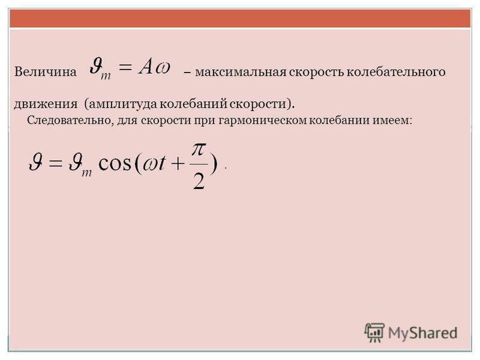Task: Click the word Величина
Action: pyautogui.click(x=46, y=71)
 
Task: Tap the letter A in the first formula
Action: pyautogui.click(x=146, y=67)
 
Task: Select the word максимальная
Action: pyautogui.click(x=241, y=72)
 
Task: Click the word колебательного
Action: pyautogui.click(x=397, y=72)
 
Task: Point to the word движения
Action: pyautogui.click(x=46, y=104)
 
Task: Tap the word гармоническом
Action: pyautogui.click(x=262, y=121)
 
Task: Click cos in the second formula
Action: pyautogui.click(x=115, y=163)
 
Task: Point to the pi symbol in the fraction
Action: pyautogui.click(x=199, y=149)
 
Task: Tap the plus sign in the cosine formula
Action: pyautogui.click(x=178, y=164)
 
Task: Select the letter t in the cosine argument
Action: pyautogui.click(x=161, y=162)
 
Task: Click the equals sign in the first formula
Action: pyautogui.click(x=125, y=67)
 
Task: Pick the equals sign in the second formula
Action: pyautogui.click(x=55, y=163)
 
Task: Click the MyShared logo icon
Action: pyautogui.click(x=374, y=332)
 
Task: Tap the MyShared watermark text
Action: pyautogui.click(x=423, y=333)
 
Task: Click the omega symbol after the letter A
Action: pyautogui.click(x=162, y=68)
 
